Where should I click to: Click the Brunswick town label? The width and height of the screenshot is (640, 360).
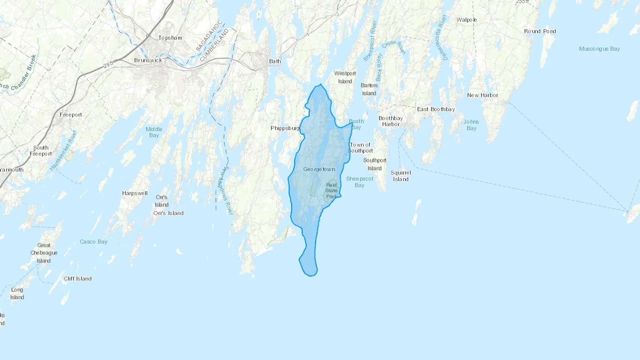click(148, 60)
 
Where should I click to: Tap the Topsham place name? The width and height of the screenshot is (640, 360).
click(170, 38)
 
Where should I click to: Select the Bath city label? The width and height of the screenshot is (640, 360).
click(275, 61)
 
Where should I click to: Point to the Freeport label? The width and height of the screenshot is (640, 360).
click(71, 115)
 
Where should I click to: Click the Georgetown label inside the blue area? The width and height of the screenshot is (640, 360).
click(319, 169)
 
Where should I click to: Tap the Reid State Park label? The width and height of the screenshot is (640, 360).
click(331, 190)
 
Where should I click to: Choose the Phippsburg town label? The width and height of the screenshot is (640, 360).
click(285, 128)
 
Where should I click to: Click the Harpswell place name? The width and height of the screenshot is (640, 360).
click(135, 193)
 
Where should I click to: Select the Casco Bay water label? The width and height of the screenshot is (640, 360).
click(94, 242)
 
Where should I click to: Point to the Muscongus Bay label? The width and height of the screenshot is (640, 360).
click(599, 49)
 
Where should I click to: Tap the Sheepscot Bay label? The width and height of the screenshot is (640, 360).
click(360, 182)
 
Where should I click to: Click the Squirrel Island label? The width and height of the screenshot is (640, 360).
click(401, 176)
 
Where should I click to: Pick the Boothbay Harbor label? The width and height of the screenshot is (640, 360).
click(391, 121)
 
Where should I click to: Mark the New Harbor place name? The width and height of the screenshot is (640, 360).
click(482, 95)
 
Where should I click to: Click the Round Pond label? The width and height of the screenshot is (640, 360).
click(540, 31)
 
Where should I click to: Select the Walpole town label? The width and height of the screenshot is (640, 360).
click(466, 20)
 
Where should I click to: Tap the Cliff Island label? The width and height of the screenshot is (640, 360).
click(78, 279)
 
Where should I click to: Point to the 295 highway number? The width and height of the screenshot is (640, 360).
click(108, 64)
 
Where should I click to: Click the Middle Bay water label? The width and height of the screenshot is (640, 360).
click(154, 132)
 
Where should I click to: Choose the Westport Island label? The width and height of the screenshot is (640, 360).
click(345, 77)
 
